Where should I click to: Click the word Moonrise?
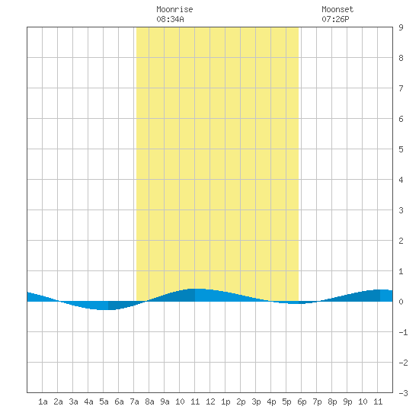(174, 9)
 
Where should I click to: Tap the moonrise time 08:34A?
(170, 19)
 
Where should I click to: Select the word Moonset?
(337, 9)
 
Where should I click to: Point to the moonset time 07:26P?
(335, 19)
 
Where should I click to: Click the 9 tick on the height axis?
(401, 27)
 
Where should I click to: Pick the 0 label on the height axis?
(401, 302)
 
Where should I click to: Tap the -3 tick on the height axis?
(403, 393)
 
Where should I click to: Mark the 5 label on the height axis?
(401, 149)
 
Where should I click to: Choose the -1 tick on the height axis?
(403, 332)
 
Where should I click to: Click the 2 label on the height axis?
(401, 241)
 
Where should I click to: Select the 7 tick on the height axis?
(401, 88)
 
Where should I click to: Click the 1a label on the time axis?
(43, 401)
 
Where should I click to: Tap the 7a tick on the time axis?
(134, 401)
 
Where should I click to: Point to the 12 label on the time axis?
(210, 401)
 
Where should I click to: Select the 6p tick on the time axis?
(302, 401)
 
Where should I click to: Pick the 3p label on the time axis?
(256, 401)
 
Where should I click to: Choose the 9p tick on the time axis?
(347, 401)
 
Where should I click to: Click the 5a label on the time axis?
(104, 401)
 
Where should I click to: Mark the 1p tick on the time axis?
(225, 401)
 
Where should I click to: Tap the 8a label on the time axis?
(149, 401)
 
